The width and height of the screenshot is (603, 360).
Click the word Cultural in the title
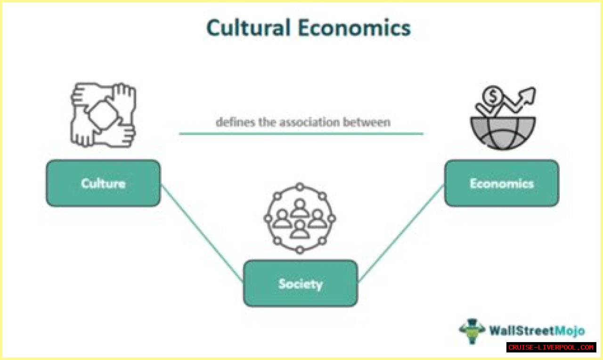pos(248,28)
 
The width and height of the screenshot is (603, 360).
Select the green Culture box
pos(103,183)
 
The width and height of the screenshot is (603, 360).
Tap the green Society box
pos(300,283)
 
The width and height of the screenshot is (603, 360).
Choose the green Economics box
pos(501,183)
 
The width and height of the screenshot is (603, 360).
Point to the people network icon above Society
pos(300,219)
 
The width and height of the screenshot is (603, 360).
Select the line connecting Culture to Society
pos(202,233)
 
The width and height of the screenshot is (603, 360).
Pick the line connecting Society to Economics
pos(400,233)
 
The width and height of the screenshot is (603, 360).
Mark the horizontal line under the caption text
pos(301,134)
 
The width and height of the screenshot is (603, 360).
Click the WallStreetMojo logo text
pos(537,331)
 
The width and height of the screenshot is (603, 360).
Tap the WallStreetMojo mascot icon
pos(472,331)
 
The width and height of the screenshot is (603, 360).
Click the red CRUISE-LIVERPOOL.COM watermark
pos(551,347)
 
